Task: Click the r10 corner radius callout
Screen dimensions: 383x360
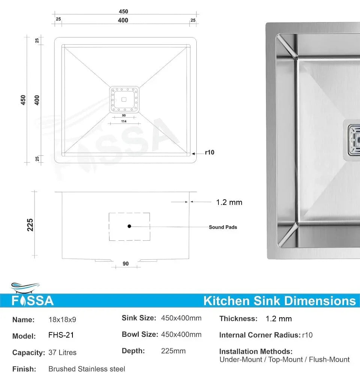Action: click(x=209, y=152)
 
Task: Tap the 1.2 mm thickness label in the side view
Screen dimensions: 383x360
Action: click(x=229, y=202)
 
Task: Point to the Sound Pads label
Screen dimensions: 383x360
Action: click(x=223, y=227)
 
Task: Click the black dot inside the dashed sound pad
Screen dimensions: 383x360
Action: click(x=129, y=226)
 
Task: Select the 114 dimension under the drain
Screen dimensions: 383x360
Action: click(x=124, y=121)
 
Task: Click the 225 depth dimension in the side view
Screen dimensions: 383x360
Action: click(x=30, y=225)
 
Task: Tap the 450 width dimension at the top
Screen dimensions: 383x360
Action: click(x=123, y=12)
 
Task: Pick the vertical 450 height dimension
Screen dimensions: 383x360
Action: click(x=23, y=100)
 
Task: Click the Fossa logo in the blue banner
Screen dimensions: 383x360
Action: click(x=33, y=300)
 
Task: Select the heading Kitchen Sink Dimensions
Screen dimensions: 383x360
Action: click(x=279, y=301)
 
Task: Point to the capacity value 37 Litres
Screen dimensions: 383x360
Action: click(x=62, y=353)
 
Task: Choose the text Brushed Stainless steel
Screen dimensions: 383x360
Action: click(x=87, y=369)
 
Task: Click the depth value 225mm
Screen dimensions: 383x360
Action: click(x=173, y=351)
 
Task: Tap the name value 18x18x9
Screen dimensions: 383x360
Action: click(x=62, y=320)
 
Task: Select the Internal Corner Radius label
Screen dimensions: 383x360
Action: click(x=259, y=335)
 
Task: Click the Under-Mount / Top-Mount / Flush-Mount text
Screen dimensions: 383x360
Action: click(x=284, y=360)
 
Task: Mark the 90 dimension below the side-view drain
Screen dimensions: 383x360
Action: click(x=126, y=264)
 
